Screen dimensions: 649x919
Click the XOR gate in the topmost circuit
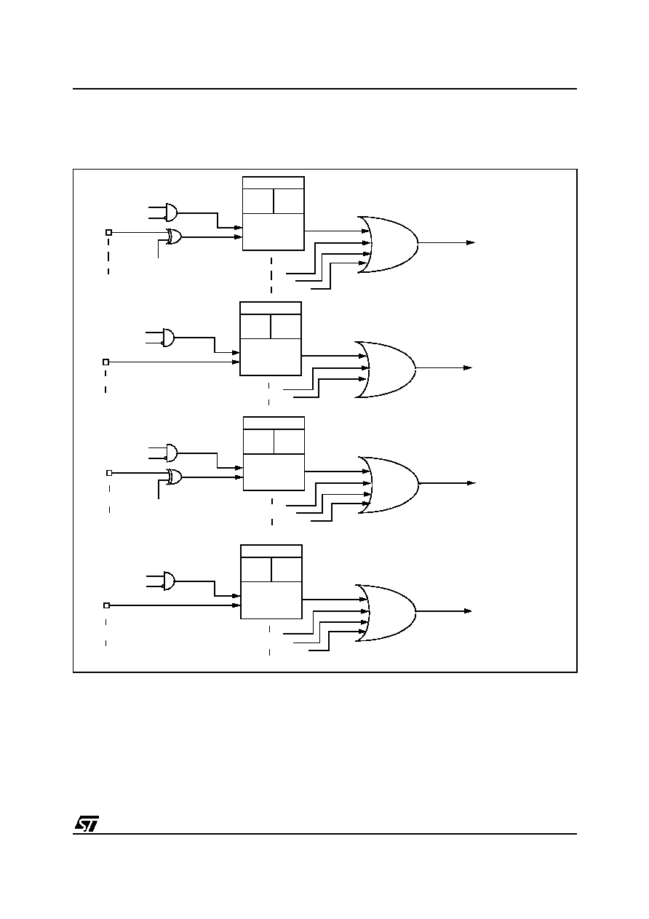174,236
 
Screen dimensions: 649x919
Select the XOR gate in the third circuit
174,477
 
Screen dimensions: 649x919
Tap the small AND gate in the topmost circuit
171,212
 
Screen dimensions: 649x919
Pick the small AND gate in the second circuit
168,337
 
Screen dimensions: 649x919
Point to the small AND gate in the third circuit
171,453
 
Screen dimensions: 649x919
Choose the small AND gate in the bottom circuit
169,581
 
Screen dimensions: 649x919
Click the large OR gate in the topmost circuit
388,244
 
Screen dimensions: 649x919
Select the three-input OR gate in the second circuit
385,369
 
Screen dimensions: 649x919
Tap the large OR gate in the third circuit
388,485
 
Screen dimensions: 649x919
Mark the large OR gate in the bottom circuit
385,613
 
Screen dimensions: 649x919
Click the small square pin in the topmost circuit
108,232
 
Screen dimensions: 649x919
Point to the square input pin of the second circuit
105,362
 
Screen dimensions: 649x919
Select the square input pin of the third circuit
109,473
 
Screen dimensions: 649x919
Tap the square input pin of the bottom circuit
106,605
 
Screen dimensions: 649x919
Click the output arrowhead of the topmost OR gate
471,242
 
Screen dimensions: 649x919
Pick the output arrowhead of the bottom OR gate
468,611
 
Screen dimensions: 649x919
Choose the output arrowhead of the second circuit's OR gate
468,367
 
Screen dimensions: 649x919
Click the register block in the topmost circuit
274,213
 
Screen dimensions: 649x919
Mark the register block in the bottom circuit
271,582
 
